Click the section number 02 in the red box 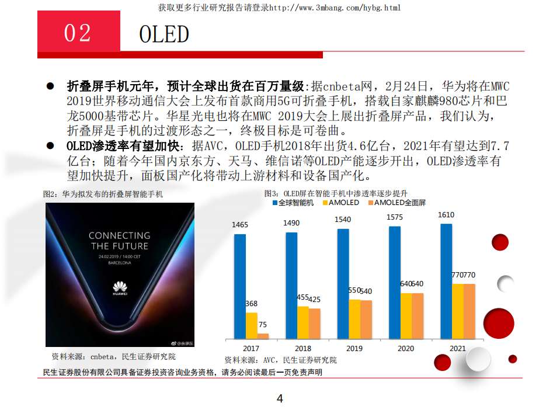pos(78,33)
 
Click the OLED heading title pos(164,34)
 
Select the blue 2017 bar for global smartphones pos(240,286)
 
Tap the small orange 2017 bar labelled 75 pos(263,336)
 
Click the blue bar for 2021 pos(446,281)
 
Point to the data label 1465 pos(240,225)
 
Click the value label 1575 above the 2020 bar pos(395,217)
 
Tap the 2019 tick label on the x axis pos(354,348)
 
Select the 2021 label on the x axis pos(457,348)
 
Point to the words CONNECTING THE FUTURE pos(120,241)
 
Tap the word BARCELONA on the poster pos(119,263)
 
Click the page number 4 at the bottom pos(280,399)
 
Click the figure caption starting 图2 pos(103,193)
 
